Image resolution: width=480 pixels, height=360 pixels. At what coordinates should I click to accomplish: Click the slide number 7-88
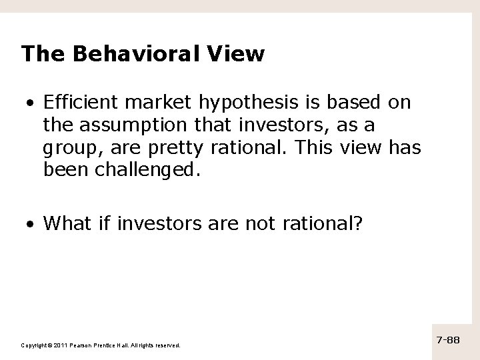(449, 340)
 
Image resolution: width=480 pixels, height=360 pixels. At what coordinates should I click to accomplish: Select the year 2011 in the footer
(57, 345)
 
